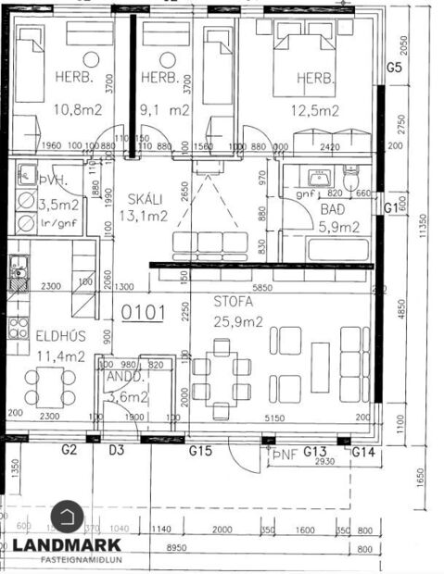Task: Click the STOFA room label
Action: pos(233,301)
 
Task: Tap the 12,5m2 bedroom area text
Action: pos(314,110)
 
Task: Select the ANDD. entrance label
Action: pos(123,378)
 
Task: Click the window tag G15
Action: pos(201,451)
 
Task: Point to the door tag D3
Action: pos(117,451)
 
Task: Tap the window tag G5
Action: pos(394,68)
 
